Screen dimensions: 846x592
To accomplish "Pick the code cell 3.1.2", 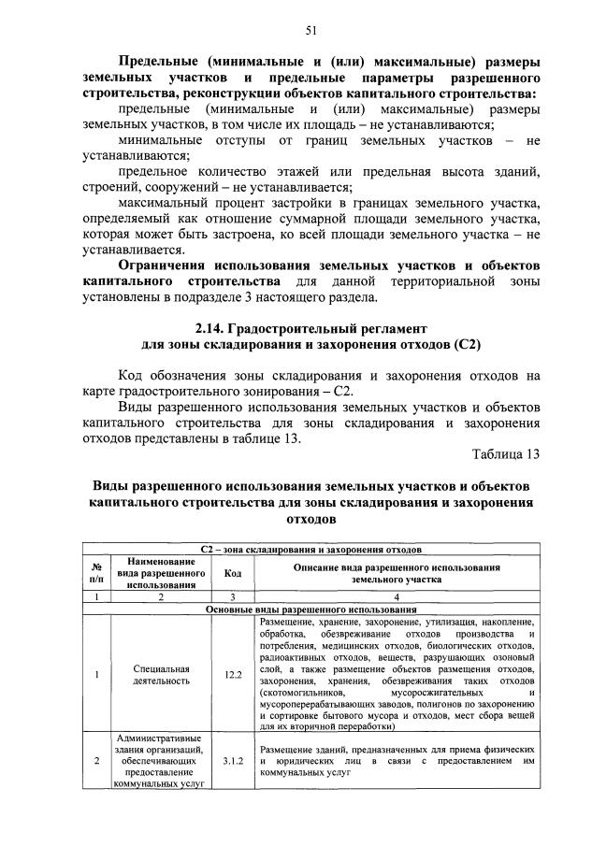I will (233, 761).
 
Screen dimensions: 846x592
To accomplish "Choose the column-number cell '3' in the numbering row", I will (233, 595).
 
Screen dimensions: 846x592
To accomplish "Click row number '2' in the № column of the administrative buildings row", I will (96, 761).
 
